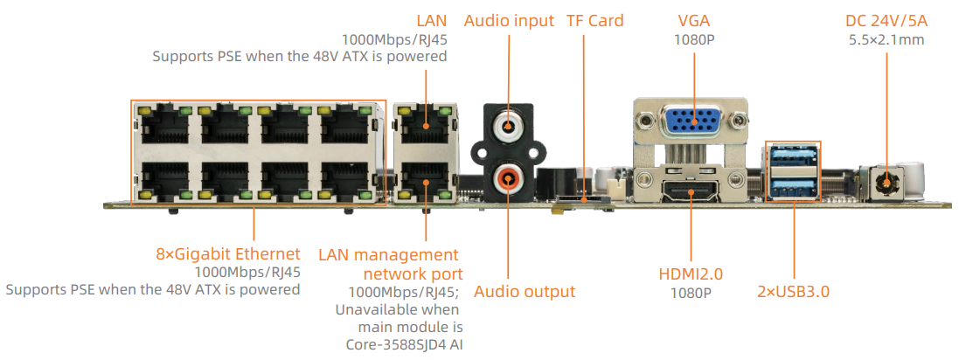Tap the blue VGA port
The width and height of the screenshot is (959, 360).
tap(691, 123)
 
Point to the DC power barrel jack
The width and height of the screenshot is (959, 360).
tap(887, 183)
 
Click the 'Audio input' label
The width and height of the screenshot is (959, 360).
tap(509, 20)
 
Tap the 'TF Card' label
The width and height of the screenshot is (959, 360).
tap(594, 20)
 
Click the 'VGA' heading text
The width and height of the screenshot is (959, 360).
tap(695, 20)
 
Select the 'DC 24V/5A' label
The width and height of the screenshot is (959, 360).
tap(886, 20)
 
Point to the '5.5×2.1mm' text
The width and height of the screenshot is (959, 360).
tap(886, 39)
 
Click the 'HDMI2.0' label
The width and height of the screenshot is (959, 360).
tap(691, 273)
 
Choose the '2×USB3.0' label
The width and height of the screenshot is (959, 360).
tap(793, 291)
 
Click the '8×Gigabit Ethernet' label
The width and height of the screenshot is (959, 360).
tap(227, 254)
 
